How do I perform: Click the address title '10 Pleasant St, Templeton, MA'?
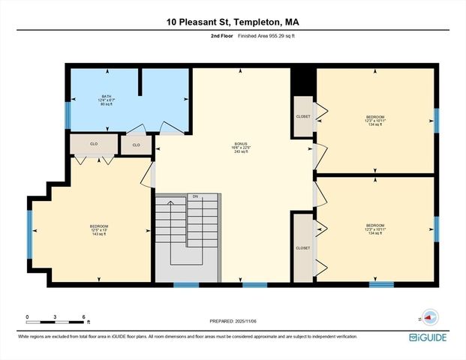[x=233, y=22]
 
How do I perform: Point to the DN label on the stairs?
[x=195, y=196]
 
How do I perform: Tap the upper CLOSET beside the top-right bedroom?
[x=302, y=117]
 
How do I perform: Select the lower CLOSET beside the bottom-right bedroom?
[x=302, y=247]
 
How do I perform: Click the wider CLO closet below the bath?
[x=94, y=144]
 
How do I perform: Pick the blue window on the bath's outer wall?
[x=68, y=115]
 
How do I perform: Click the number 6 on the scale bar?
[x=83, y=317]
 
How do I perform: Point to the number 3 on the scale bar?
[x=56, y=317]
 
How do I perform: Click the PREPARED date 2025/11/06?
[x=233, y=321]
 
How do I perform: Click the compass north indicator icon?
[x=428, y=316]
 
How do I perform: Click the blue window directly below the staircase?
[x=186, y=284]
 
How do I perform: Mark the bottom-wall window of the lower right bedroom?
[x=381, y=284]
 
